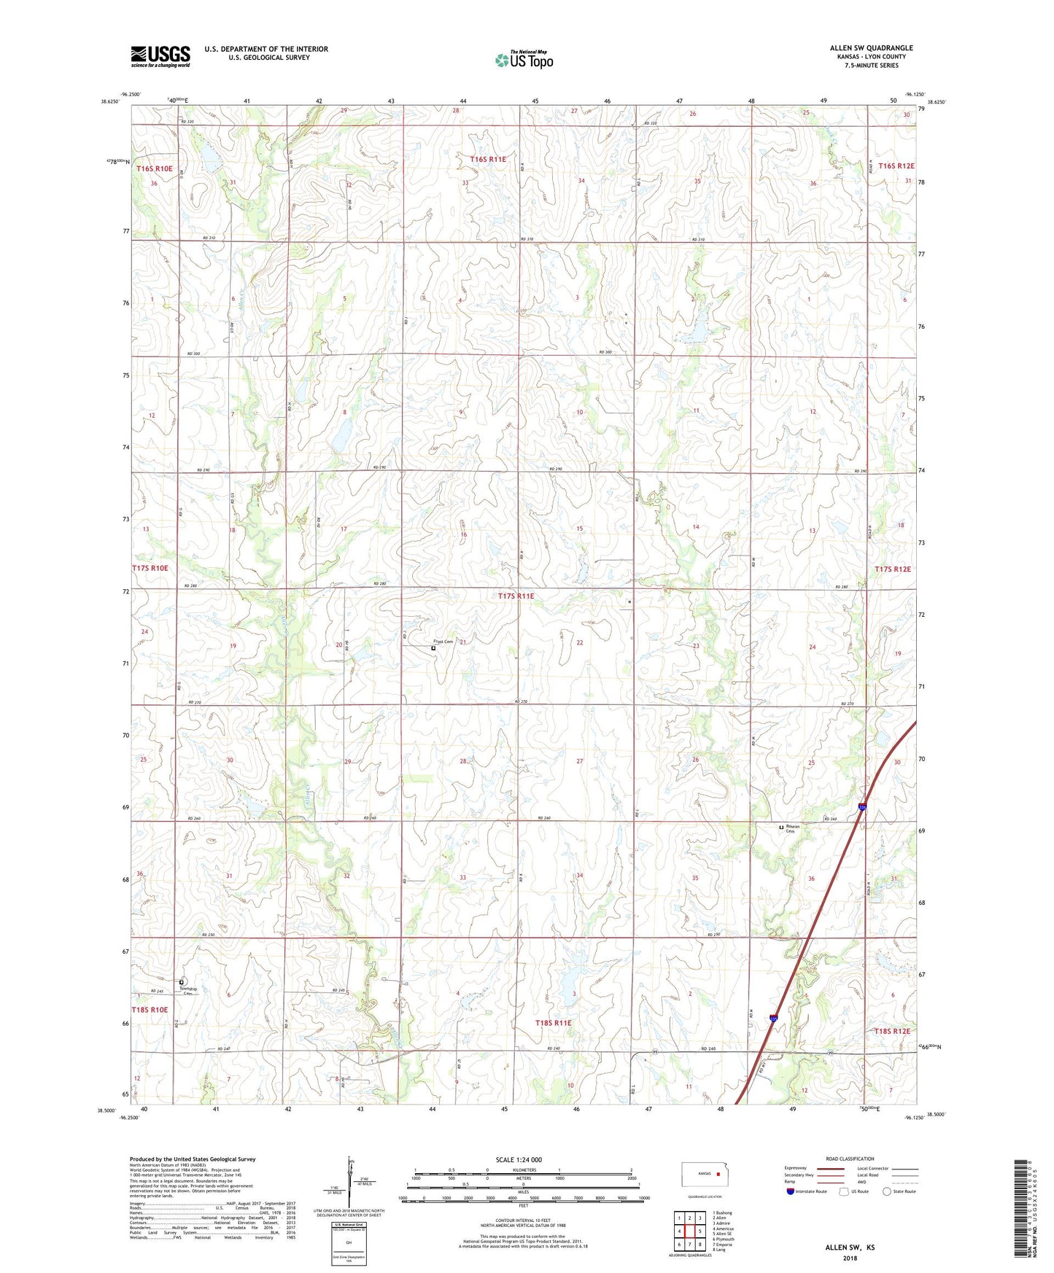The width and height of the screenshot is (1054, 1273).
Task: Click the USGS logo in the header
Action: pyautogui.click(x=160, y=56)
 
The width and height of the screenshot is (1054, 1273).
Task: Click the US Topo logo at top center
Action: pyautogui.click(x=524, y=60)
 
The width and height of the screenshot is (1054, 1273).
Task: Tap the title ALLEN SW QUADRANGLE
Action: pyautogui.click(x=871, y=48)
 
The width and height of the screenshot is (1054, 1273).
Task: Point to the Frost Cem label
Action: pyautogui.click(x=443, y=642)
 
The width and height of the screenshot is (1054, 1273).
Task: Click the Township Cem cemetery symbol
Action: pyautogui.click(x=182, y=982)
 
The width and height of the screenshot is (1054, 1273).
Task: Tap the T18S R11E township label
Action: pyautogui.click(x=553, y=1023)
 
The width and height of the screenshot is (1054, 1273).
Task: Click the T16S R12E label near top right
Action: pyautogui.click(x=896, y=166)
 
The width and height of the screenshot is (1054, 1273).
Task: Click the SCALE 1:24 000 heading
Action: pyautogui.click(x=519, y=1160)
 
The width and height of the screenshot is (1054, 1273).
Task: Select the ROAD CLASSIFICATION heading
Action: pyautogui.click(x=850, y=1159)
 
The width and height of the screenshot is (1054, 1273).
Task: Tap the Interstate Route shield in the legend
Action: pyautogui.click(x=791, y=1191)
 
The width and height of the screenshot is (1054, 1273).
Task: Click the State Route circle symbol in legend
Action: pyautogui.click(x=887, y=1191)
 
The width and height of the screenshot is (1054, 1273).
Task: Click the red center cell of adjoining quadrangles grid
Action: pyautogui.click(x=689, y=1231)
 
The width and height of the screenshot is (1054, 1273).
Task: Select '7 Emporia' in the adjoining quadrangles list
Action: pyautogui.click(x=724, y=1245)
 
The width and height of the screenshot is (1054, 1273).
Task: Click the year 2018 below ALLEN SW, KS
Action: pyautogui.click(x=850, y=1258)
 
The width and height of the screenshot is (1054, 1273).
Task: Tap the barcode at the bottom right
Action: pyautogui.click(x=1020, y=1210)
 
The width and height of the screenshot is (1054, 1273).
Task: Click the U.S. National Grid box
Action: pyautogui.click(x=349, y=1242)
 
